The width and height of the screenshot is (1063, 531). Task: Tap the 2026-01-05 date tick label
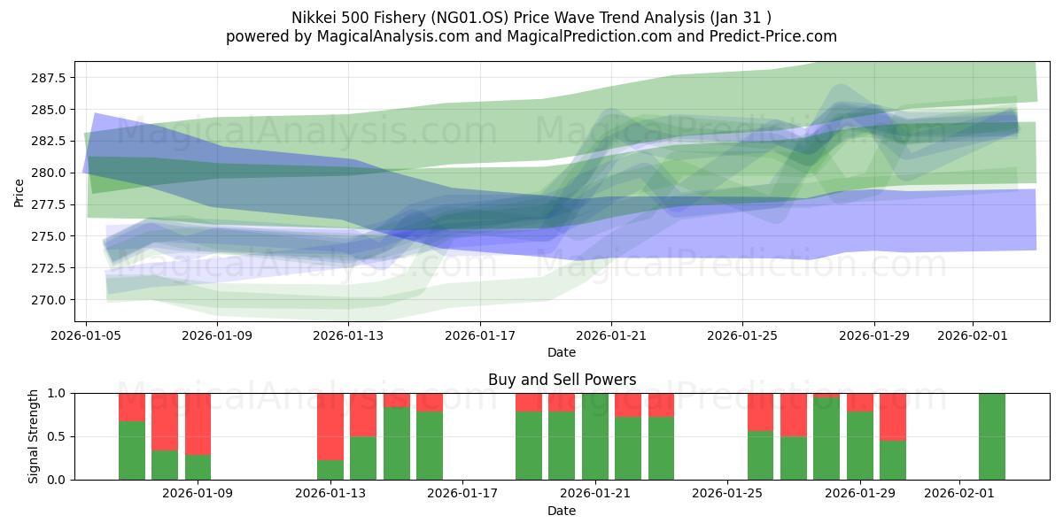(x=86, y=335)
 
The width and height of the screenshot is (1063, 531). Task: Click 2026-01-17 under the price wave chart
(x=479, y=335)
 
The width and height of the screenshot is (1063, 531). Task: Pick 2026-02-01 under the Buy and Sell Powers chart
(x=960, y=494)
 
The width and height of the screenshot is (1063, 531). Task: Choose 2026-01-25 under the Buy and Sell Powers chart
(x=727, y=494)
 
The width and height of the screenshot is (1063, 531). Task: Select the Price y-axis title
(x=19, y=192)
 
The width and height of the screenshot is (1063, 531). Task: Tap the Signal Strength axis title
(x=33, y=436)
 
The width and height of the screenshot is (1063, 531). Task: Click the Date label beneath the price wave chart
(x=562, y=352)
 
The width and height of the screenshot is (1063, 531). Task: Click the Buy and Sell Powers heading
(x=562, y=380)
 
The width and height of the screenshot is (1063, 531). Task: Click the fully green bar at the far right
(x=992, y=436)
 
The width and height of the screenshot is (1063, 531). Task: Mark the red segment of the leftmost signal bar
(x=132, y=407)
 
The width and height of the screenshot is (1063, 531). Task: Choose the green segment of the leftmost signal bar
(x=132, y=450)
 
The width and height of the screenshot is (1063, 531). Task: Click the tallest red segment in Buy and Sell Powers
(x=330, y=427)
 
